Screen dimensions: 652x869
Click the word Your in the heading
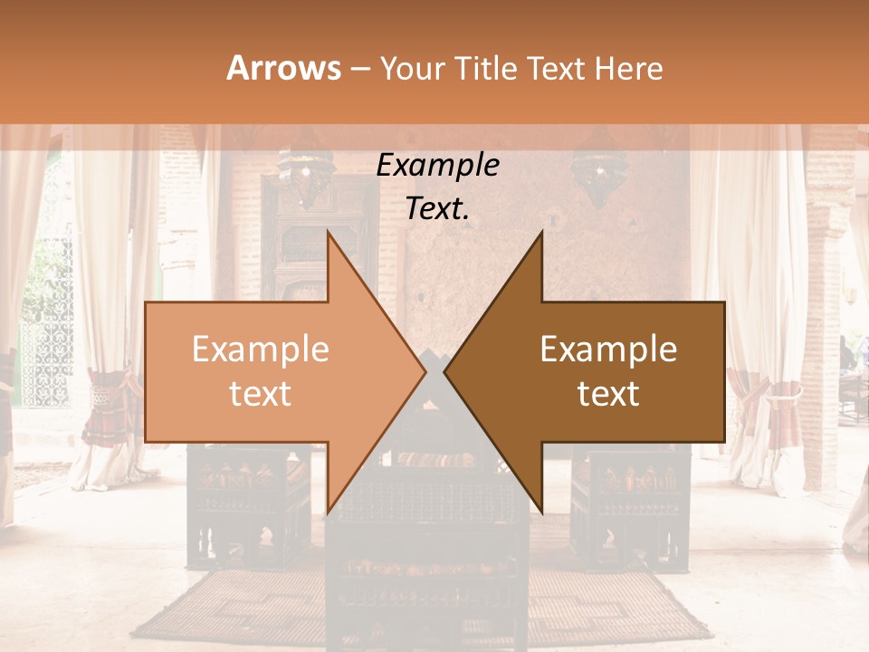(411, 69)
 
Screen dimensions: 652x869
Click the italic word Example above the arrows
(437, 166)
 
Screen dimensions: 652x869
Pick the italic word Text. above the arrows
(437, 209)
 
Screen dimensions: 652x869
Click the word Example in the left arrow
(261, 350)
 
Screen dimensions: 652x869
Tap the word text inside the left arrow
(261, 394)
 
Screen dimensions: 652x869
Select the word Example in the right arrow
(608, 350)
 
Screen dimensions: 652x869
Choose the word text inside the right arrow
(608, 394)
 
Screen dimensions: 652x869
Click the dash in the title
(359, 69)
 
